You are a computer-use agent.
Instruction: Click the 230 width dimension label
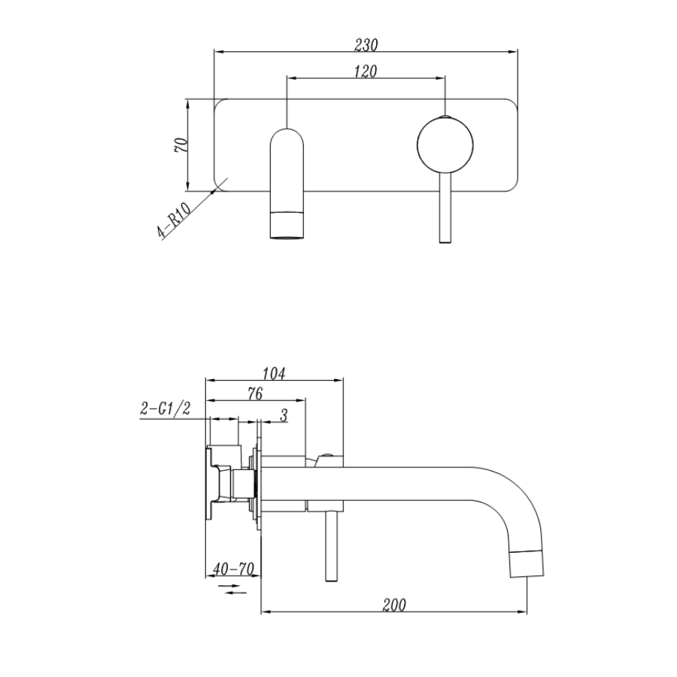tap(366, 44)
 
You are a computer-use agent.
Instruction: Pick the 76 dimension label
tap(254, 393)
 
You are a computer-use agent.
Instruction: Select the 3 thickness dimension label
tap(283, 414)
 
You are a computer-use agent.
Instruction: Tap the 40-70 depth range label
tap(232, 569)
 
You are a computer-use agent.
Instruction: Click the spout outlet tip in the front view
tap(287, 226)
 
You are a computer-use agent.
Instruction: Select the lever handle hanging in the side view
tap(329, 545)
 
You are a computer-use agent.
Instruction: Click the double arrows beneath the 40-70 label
tap(235, 590)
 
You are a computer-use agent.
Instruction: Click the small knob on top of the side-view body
tap(327, 456)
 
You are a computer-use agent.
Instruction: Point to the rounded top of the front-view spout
tap(287, 135)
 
